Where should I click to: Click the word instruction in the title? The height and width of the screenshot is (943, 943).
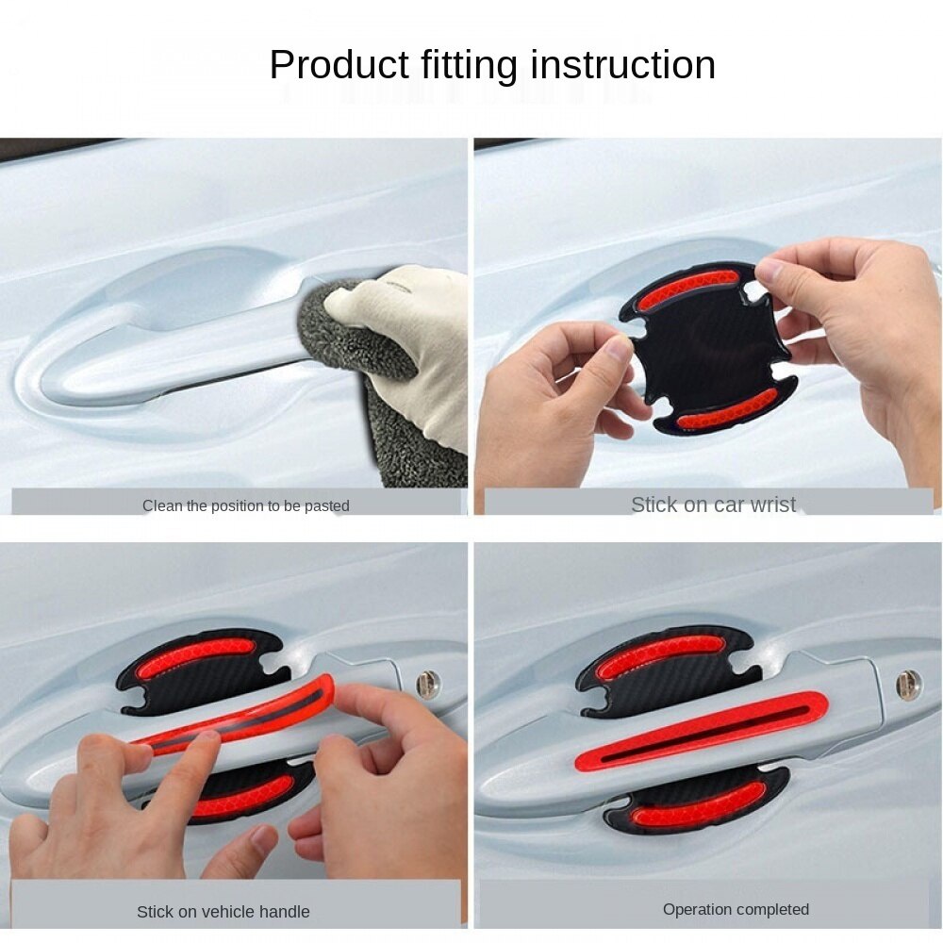(622, 66)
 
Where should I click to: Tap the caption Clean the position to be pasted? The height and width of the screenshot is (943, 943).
(245, 506)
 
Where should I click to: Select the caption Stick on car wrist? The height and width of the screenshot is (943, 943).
(713, 505)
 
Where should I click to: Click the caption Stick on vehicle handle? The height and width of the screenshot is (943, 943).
(223, 912)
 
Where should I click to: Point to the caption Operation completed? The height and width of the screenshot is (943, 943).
(736, 910)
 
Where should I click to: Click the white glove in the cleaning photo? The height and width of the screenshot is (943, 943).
(415, 330)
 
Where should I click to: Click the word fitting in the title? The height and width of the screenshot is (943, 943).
(466, 66)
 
